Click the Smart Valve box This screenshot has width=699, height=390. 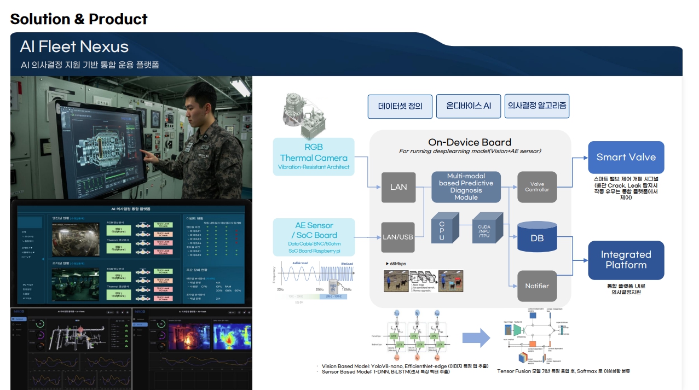pyautogui.click(x=626, y=158)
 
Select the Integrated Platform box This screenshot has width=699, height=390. pyautogui.click(x=626, y=260)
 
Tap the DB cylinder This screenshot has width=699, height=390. pyautogui.click(x=536, y=238)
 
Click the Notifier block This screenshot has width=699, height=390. pyautogui.click(x=536, y=286)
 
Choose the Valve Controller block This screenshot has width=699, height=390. pyautogui.click(x=536, y=187)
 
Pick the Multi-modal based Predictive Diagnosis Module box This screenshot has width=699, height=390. pyautogui.click(x=466, y=187)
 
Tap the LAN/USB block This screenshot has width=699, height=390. pyautogui.click(x=398, y=237)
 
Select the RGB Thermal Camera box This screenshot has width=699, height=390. pyautogui.click(x=314, y=156)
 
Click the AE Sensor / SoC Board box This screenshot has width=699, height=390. pyautogui.click(x=314, y=236)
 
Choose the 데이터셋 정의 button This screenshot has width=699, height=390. pyautogui.click(x=400, y=106)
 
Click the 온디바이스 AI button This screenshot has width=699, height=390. pyautogui.click(x=468, y=106)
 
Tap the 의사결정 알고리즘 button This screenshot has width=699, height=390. pyautogui.click(x=537, y=105)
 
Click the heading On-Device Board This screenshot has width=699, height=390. pyautogui.click(x=470, y=142)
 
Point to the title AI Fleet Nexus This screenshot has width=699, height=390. pyautogui.click(x=74, y=46)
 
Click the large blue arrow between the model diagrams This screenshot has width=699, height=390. pyautogui.click(x=476, y=338)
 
